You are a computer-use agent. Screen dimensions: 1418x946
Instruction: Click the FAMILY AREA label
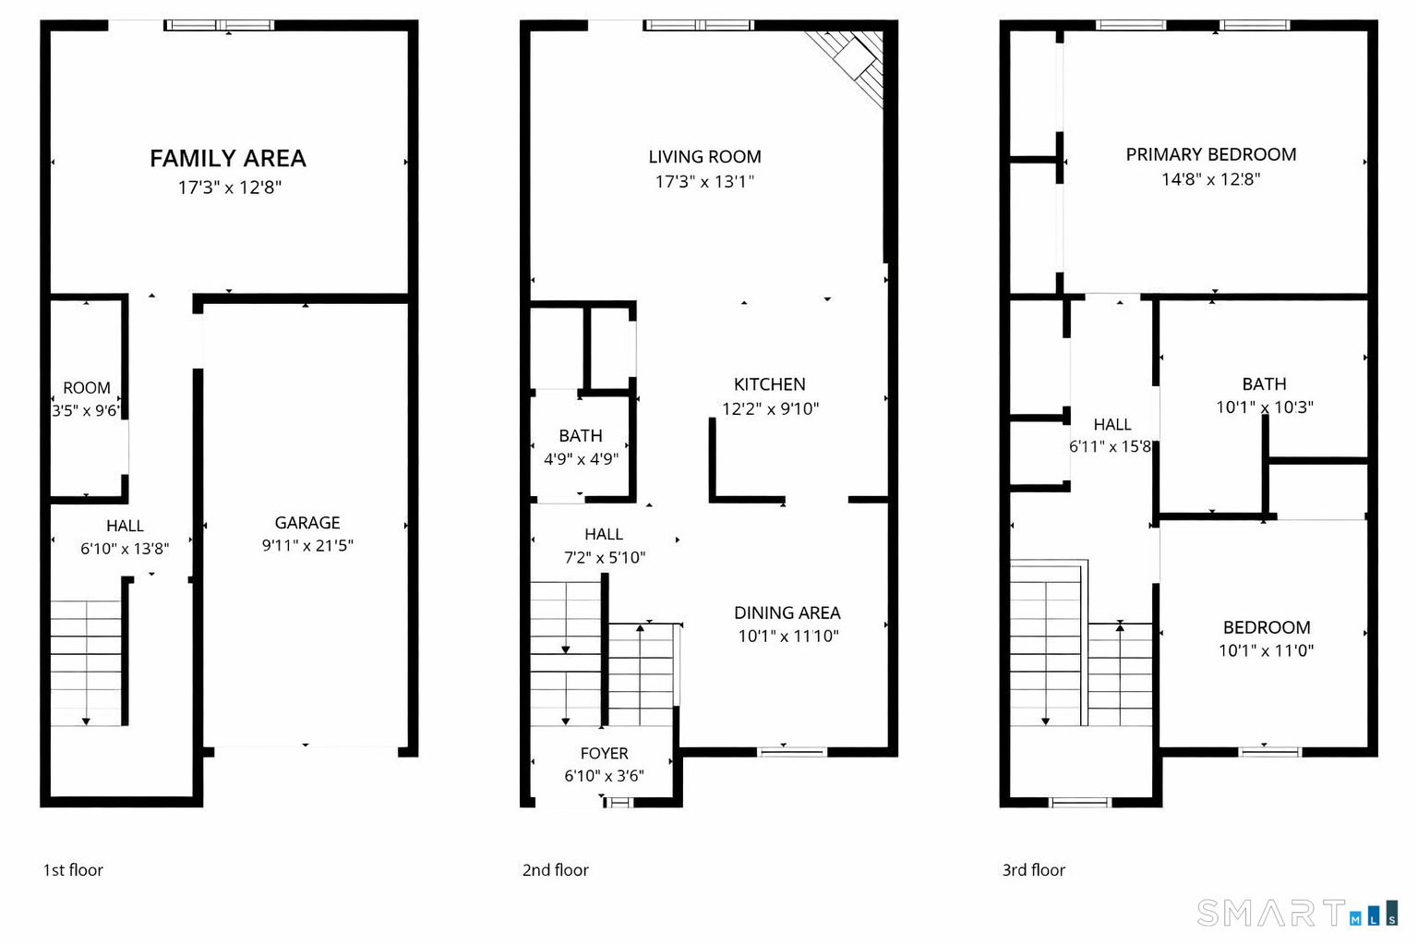pyautogui.click(x=228, y=158)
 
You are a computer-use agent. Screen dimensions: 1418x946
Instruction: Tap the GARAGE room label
pyautogui.click(x=307, y=523)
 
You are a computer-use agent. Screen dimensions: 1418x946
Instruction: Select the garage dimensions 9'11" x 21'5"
pyautogui.click(x=307, y=546)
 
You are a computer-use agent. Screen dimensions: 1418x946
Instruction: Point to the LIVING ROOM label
pyautogui.click(x=704, y=156)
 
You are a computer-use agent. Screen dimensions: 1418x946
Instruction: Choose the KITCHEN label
pyautogui.click(x=770, y=384)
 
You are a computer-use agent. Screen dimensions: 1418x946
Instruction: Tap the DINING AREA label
pyautogui.click(x=787, y=612)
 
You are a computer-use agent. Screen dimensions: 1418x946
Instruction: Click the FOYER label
pyautogui.click(x=605, y=753)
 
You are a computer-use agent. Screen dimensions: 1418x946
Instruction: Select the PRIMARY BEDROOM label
pyautogui.click(x=1211, y=154)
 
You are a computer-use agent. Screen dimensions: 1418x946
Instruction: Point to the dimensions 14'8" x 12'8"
pyautogui.click(x=1211, y=179)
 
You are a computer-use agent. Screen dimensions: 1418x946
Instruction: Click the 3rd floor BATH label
pyautogui.click(x=1264, y=384)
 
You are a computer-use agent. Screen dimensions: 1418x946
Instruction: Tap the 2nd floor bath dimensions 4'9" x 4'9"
pyautogui.click(x=581, y=459)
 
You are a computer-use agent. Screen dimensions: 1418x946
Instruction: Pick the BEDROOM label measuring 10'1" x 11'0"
pyautogui.click(x=1267, y=627)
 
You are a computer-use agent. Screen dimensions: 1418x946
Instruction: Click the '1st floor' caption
pyautogui.click(x=73, y=870)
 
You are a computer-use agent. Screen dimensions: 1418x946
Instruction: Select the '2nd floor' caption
pyautogui.click(x=555, y=870)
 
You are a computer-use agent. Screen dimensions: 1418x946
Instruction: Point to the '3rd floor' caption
pyautogui.click(x=1034, y=870)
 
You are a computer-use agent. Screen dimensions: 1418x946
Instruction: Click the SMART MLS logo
pyautogui.click(x=1298, y=913)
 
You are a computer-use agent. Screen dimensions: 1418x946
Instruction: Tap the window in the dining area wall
pyautogui.click(x=793, y=752)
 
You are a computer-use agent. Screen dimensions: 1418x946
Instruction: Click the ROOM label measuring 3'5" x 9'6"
pyautogui.click(x=87, y=388)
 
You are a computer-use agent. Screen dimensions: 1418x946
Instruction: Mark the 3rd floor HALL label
pyautogui.click(x=1112, y=424)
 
